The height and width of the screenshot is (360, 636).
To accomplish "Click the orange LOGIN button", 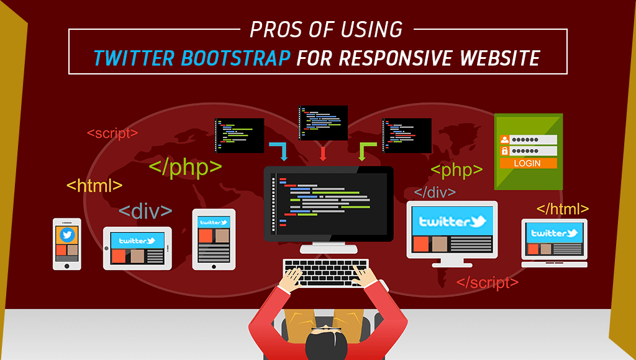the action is [x=528, y=163].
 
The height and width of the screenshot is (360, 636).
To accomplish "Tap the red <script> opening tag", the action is [x=112, y=133].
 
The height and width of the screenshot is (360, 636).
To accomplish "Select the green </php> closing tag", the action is [x=186, y=167].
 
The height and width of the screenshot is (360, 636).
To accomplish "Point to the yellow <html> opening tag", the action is [x=94, y=186].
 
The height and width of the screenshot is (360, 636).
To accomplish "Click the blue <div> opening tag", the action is [x=145, y=211].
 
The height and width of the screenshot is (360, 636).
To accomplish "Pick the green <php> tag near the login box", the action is [x=457, y=170].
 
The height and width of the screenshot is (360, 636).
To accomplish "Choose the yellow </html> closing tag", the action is [x=563, y=209].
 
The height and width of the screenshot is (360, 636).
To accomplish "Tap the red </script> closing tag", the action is [x=487, y=282].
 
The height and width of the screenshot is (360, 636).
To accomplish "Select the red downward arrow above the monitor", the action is [x=323, y=153].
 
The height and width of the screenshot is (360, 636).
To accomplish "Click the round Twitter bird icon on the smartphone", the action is [x=67, y=235].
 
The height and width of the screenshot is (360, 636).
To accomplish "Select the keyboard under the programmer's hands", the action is [x=326, y=273].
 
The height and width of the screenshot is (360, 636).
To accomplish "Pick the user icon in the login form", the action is [x=504, y=140].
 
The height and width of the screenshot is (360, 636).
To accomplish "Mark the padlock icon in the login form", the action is [x=504, y=151].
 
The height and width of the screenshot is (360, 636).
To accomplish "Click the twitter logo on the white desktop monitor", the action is [x=452, y=222].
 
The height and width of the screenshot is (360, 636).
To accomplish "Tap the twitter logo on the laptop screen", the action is [x=555, y=233].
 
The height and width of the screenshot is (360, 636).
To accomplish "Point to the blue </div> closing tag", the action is [x=435, y=192].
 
